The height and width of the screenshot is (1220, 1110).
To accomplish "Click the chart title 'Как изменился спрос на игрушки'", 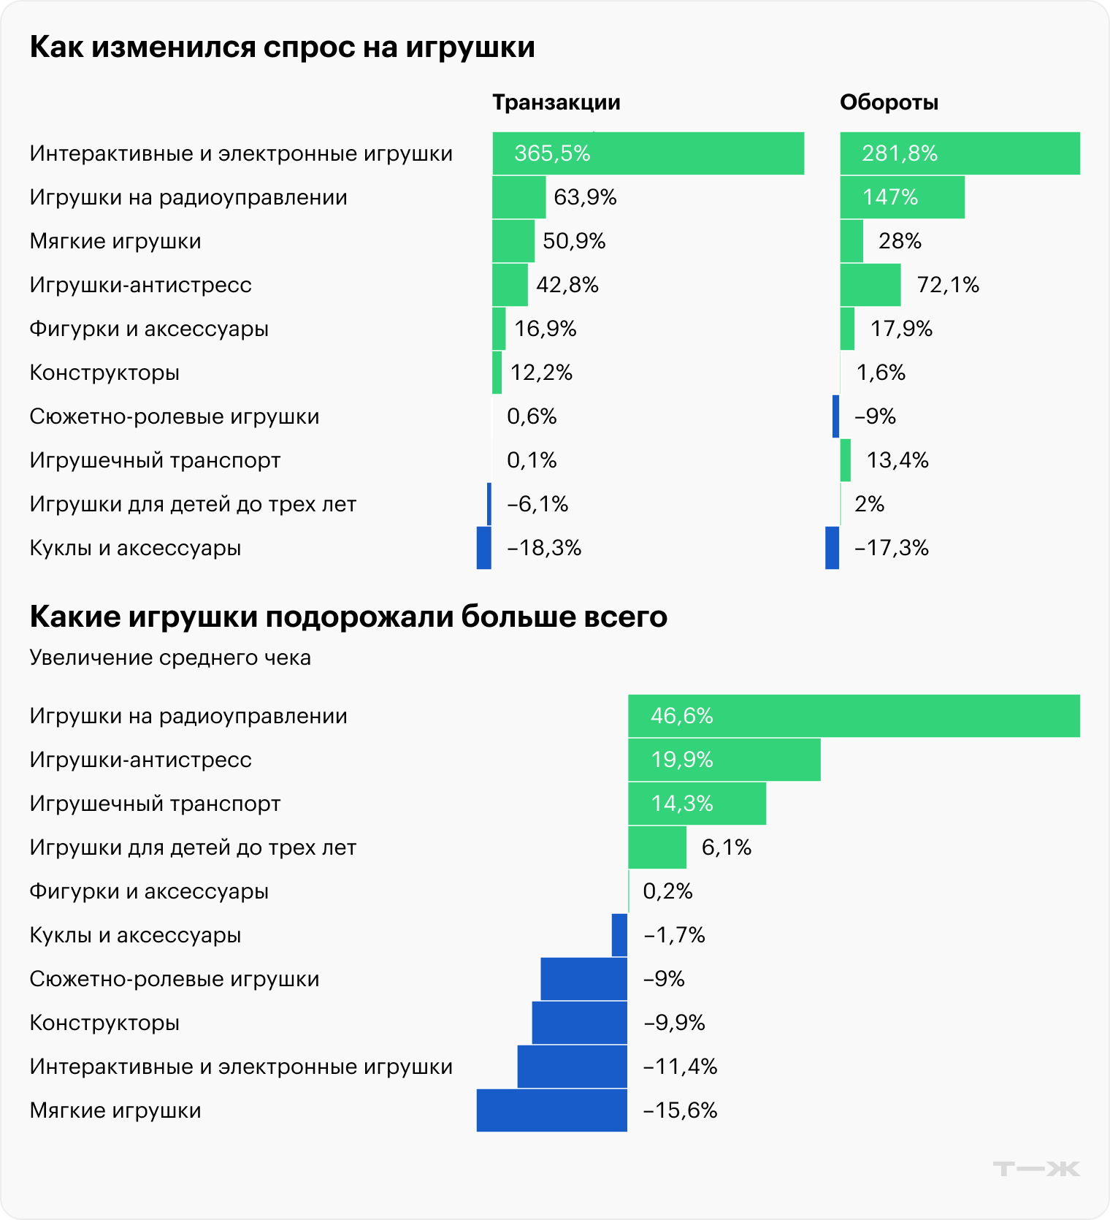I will tap(282, 47).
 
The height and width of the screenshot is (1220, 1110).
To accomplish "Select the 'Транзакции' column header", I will tap(556, 102).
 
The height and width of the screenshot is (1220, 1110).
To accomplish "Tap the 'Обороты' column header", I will tap(889, 102).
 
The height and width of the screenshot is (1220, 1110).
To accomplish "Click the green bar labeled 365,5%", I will tap(648, 153).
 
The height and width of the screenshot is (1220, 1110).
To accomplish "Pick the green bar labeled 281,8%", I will tap(960, 153).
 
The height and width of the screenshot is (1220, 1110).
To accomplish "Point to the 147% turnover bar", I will tap(902, 197).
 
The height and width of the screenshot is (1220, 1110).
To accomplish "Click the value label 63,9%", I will tap(585, 197).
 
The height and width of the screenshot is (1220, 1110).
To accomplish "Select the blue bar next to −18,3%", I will tap(483, 548).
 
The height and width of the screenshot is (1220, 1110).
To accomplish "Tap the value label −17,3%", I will tap(891, 548).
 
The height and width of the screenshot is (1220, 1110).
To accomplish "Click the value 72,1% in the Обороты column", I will tap(947, 285).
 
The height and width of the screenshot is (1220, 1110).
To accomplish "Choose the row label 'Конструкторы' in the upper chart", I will tap(104, 373).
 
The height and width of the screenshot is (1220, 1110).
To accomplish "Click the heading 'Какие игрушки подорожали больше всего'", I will tap(348, 617).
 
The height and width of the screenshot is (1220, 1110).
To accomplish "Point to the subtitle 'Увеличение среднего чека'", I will tap(170, 657).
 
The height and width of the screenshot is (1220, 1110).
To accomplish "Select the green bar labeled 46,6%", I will tap(854, 716).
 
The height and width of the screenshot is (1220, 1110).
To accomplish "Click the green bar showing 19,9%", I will tap(724, 760).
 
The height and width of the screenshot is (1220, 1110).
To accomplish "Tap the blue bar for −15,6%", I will tap(551, 1110).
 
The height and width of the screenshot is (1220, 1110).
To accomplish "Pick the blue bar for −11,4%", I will tap(572, 1067).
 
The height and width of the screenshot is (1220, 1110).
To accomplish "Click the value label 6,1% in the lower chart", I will tap(726, 847).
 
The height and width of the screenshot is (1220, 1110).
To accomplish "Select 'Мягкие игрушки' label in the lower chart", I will tap(115, 1110).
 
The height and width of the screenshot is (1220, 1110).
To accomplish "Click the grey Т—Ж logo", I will tap(1036, 1169).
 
